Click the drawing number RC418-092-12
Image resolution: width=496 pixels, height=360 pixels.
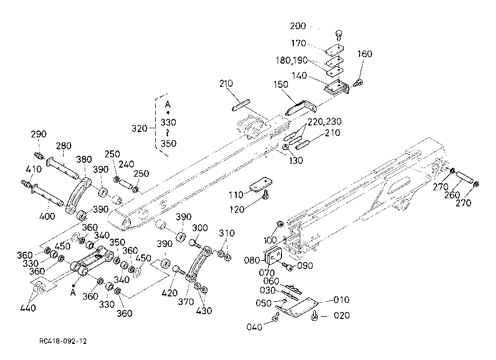(x=63, y=341)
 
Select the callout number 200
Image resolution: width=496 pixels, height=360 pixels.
(x=298, y=26)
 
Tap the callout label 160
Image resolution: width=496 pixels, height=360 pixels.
(x=365, y=54)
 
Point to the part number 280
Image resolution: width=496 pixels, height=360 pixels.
(x=64, y=146)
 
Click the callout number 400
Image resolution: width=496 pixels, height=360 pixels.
(x=47, y=217)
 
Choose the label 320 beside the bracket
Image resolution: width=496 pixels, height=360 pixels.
(x=140, y=128)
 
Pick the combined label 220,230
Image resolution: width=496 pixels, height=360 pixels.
(x=325, y=122)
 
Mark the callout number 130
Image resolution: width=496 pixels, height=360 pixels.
(x=296, y=161)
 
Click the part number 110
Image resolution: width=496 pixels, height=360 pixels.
(x=236, y=195)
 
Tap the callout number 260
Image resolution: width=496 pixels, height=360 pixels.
(x=452, y=195)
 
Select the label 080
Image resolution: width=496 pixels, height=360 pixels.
(x=252, y=260)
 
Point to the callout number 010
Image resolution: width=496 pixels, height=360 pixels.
(x=342, y=300)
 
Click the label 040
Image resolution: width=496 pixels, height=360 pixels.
(x=254, y=327)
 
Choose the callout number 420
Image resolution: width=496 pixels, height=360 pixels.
(x=169, y=293)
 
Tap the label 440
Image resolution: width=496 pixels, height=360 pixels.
(x=28, y=308)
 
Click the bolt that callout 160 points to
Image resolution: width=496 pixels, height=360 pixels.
(x=358, y=83)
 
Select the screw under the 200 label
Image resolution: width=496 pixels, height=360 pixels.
(x=339, y=35)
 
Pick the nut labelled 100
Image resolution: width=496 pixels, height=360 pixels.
(x=280, y=224)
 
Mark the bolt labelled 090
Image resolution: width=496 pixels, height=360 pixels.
(x=288, y=266)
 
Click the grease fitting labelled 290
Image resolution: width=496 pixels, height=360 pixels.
(x=39, y=156)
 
